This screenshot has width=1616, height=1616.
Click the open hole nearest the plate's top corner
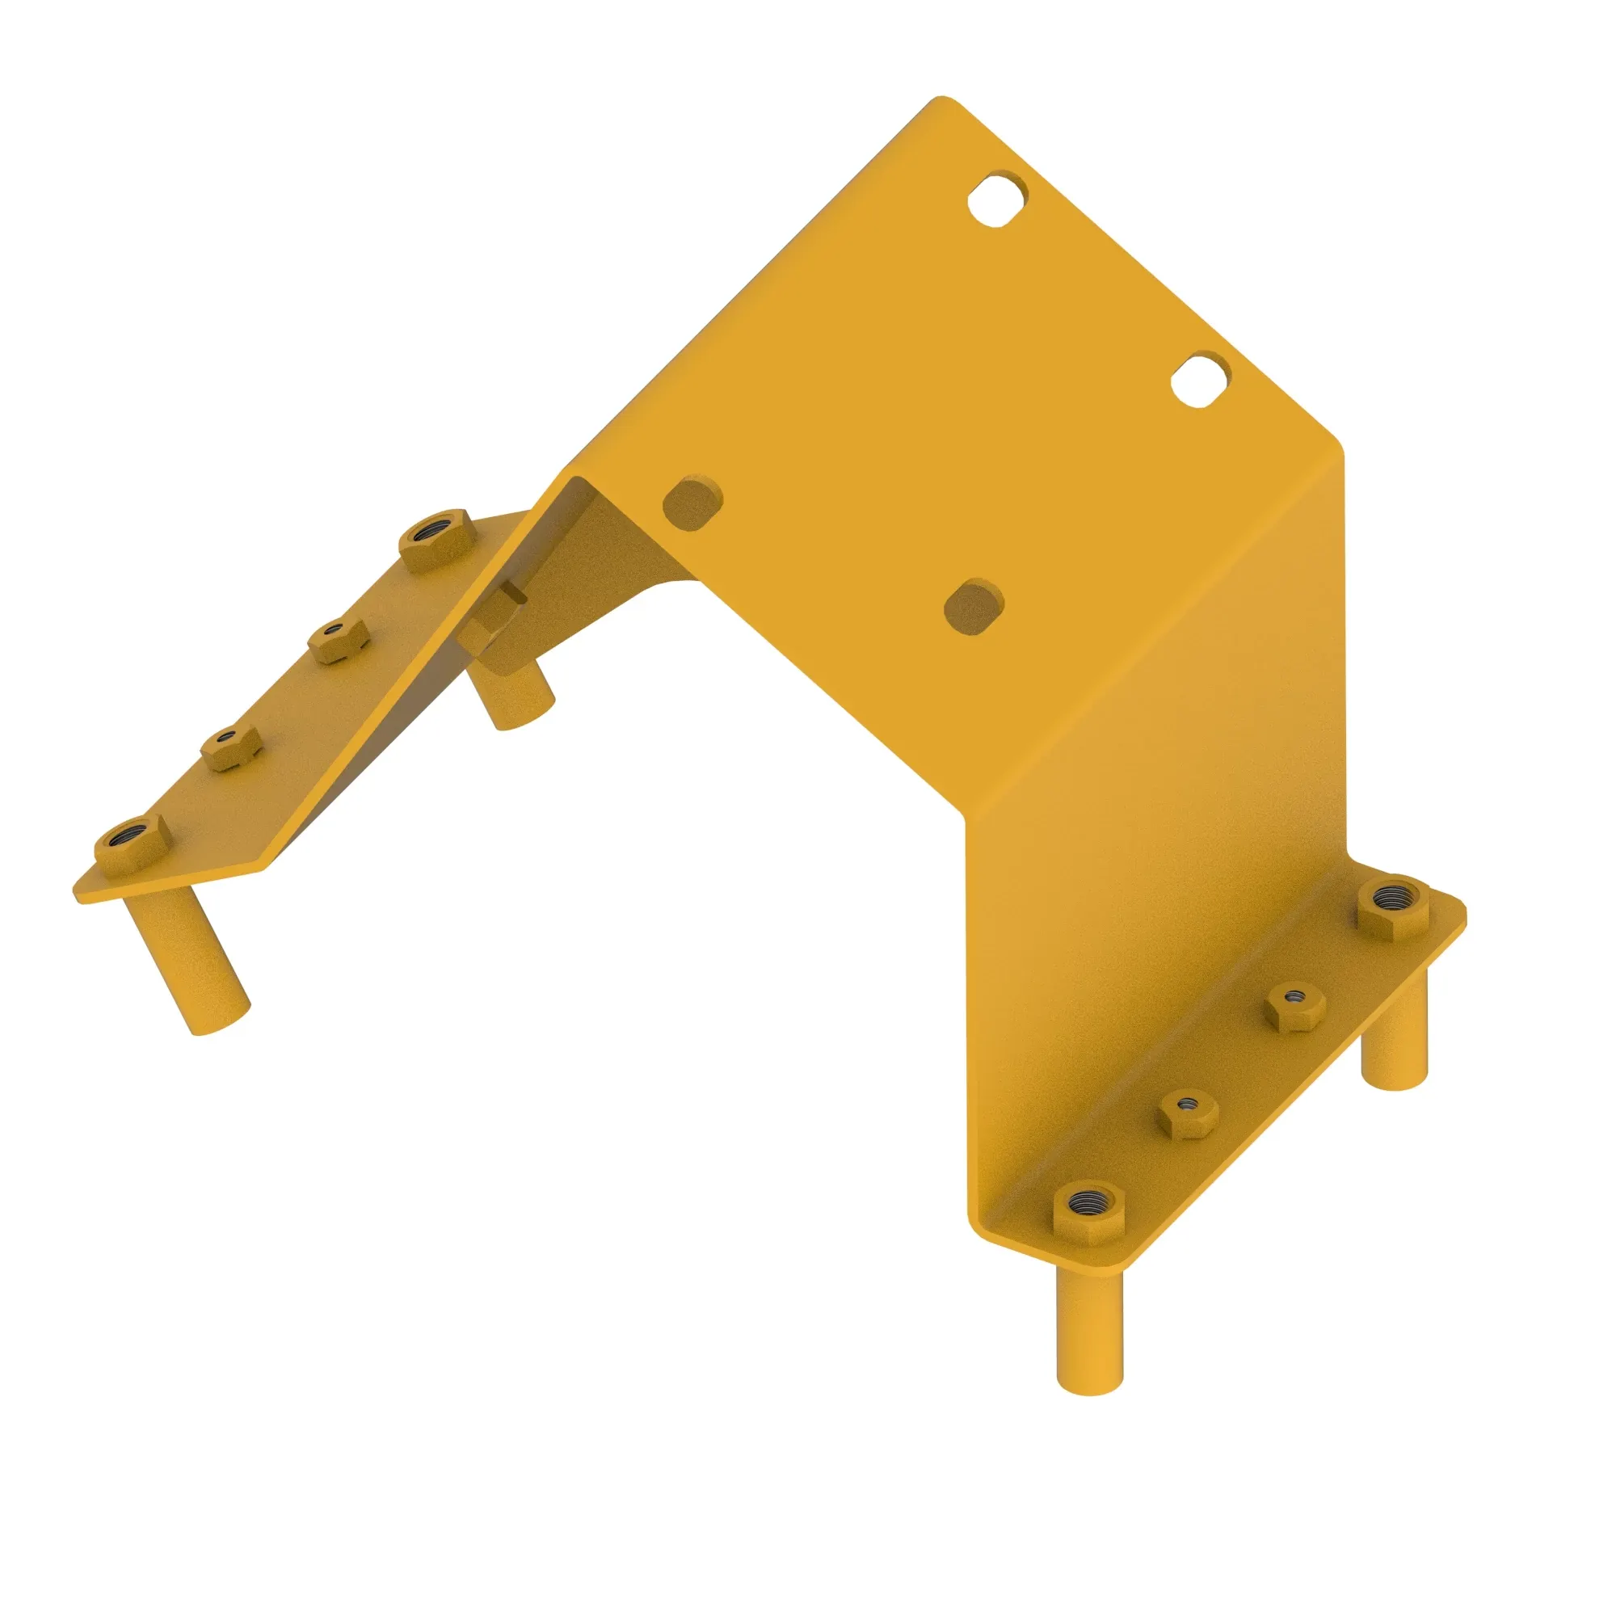(997, 199)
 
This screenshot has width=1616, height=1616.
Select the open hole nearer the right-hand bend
(1199, 381)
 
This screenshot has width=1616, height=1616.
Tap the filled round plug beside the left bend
(692, 503)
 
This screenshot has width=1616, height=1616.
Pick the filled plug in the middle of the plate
(974, 605)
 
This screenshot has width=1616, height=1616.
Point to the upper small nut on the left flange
(338, 641)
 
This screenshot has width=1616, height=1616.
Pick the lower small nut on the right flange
(1188, 1113)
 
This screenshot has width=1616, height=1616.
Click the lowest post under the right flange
(1089, 1330)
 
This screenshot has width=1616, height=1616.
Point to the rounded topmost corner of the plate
(942, 99)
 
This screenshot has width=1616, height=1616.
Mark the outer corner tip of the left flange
(78, 894)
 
